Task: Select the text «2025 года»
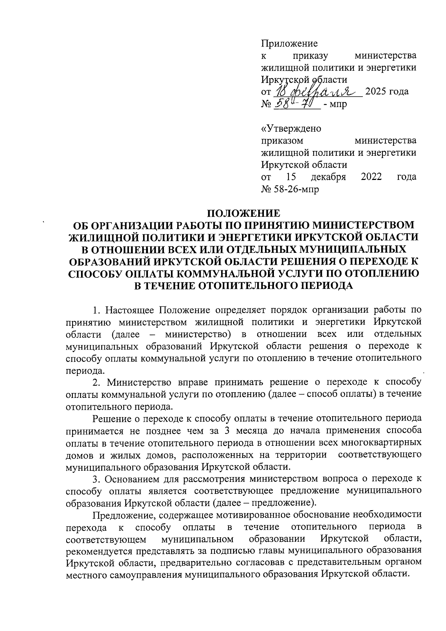point(387,91)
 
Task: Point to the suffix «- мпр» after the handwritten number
point(335,104)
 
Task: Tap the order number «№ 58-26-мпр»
point(290,189)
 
